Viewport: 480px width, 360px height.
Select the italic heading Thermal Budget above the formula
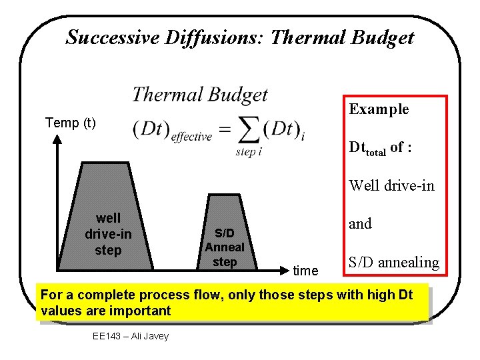click(x=199, y=95)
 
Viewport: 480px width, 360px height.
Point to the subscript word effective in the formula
click(x=191, y=137)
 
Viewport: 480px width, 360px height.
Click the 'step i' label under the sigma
click(x=249, y=152)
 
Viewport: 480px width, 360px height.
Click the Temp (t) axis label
click(x=70, y=123)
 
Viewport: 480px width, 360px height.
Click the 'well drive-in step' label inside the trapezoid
click(x=108, y=234)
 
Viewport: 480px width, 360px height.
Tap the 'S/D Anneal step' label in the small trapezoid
click(x=224, y=247)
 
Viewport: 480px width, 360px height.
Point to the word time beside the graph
click(x=306, y=271)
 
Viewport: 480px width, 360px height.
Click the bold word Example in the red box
click(x=379, y=109)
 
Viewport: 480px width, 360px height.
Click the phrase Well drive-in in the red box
click(x=391, y=185)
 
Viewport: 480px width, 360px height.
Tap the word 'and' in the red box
click(x=360, y=224)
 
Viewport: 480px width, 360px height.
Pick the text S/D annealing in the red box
click(x=394, y=263)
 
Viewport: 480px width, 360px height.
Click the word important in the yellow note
click(x=142, y=311)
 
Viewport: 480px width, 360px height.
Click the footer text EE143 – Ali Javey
click(x=131, y=336)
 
